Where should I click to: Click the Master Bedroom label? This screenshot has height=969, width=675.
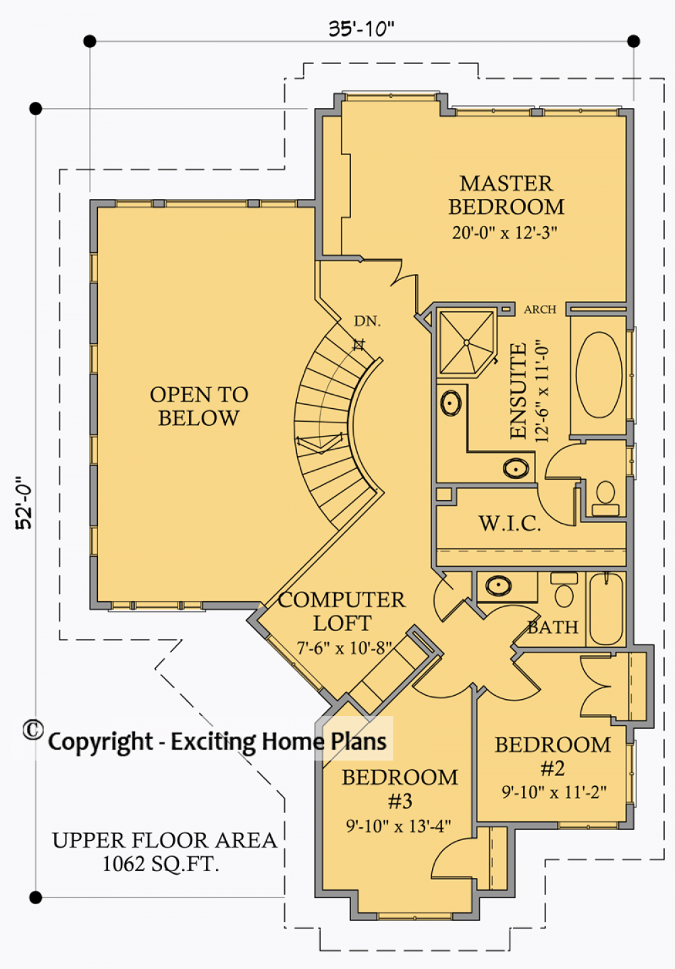pyautogui.click(x=506, y=195)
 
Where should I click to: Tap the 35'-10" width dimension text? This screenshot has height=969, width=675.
pyautogui.click(x=362, y=29)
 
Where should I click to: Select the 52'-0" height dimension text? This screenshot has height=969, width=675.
pyautogui.click(x=24, y=503)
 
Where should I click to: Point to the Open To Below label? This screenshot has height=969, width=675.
pyautogui.click(x=199, y=406)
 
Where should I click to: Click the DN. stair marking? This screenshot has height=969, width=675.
pyautogui.click(x=367, y=321)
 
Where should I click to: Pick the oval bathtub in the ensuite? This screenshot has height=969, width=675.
pyautogui.click(x=599, y=375)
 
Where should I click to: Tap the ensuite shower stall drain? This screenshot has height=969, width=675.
pyautogui.click(x=466, y=343)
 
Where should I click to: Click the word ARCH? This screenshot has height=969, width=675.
pyautogui.click(x=540, y=309)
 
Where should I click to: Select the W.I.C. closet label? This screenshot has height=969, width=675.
pyautogui.click(x=510, y=524)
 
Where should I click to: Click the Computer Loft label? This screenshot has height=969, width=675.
pyautogui.click(x=342, y=611)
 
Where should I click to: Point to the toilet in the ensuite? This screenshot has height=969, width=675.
pyautogui.click(x=605, y=498)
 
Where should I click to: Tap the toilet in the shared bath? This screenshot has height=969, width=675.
pyautogui.click(x=564, y=590)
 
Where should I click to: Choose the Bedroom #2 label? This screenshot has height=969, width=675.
pyautogui.click(x=553, y=756)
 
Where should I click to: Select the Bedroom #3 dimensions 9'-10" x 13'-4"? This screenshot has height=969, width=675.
pyautogui.click(x=398, y=826)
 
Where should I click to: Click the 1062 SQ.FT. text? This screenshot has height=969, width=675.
pyautogui.click(x=161, y=864)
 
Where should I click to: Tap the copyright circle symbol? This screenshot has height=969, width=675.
pyautogui.click(x=33, y=729)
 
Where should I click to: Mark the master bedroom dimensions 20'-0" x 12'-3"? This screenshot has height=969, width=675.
pyautogui.click(x=504, y=233)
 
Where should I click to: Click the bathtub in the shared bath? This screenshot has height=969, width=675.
pyautogui.click(x=606, y=609)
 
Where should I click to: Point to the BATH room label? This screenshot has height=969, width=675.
pyautogui.click(x=553, y=628)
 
